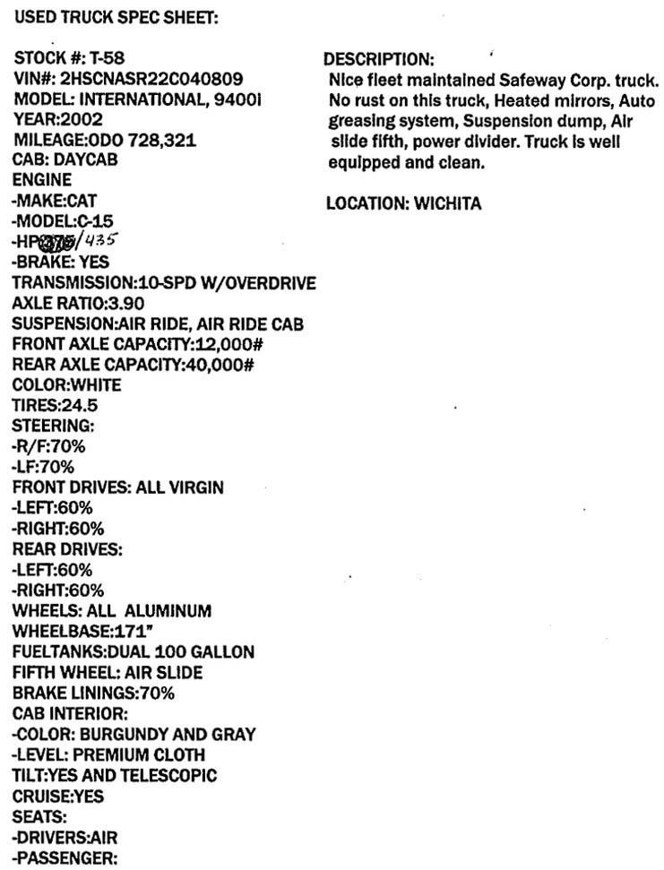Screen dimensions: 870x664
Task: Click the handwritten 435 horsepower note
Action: pos(101,240)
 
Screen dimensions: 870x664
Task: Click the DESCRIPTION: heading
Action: pos(378,59)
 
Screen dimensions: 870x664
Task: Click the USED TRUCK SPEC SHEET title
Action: pos(116,16)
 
